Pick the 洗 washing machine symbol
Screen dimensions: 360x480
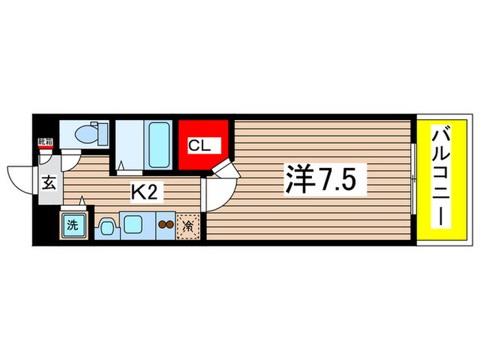(71, 225)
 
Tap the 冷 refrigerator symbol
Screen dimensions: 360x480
(187, 225)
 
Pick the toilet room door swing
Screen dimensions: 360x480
(69, 160)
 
